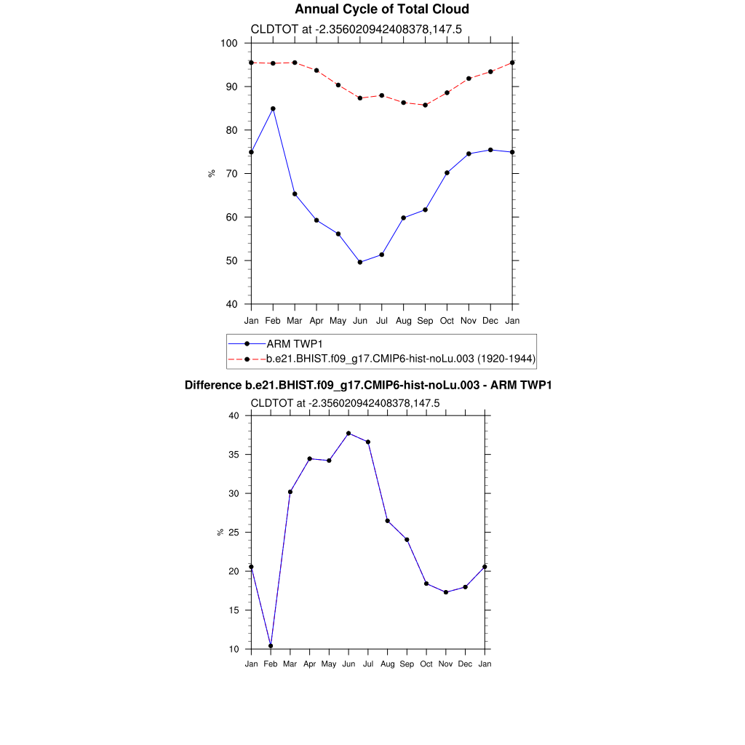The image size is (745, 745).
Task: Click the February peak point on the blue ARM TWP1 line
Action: [273, 108]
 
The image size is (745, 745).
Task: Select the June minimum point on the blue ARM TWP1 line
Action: [360, 262]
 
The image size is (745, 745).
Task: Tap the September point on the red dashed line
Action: [426, 105]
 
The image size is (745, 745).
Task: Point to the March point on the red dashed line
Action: [295, 63]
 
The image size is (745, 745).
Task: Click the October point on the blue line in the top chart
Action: [447, 172]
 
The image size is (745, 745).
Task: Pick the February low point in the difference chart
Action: [271, 645]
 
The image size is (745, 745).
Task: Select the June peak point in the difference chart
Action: [348, 433]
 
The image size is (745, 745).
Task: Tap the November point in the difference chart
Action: [446, 592]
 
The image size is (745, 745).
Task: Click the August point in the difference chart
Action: [388, 521]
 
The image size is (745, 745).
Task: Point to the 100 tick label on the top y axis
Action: [230, 43]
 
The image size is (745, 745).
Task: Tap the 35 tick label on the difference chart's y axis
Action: [234, 455]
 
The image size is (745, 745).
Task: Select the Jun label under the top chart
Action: [360, 321]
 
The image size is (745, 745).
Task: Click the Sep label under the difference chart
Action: [407, 664]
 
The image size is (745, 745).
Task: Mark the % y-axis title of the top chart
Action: [212, 173]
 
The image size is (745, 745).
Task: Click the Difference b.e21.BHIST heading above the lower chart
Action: [368, 385]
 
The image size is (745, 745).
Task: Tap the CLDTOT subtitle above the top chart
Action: [356, 29]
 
